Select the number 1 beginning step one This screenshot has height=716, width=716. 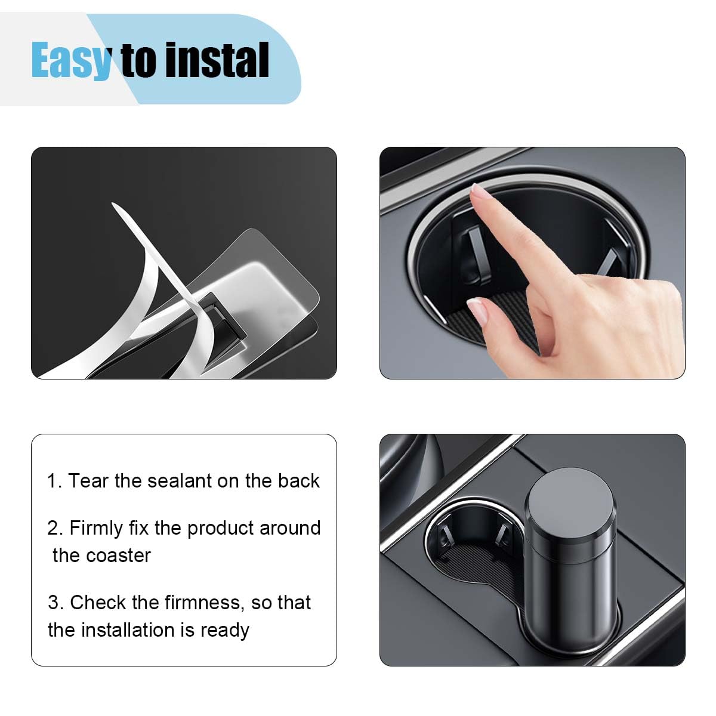(x=52, y=481)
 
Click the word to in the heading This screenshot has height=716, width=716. (x=138, y=60)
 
